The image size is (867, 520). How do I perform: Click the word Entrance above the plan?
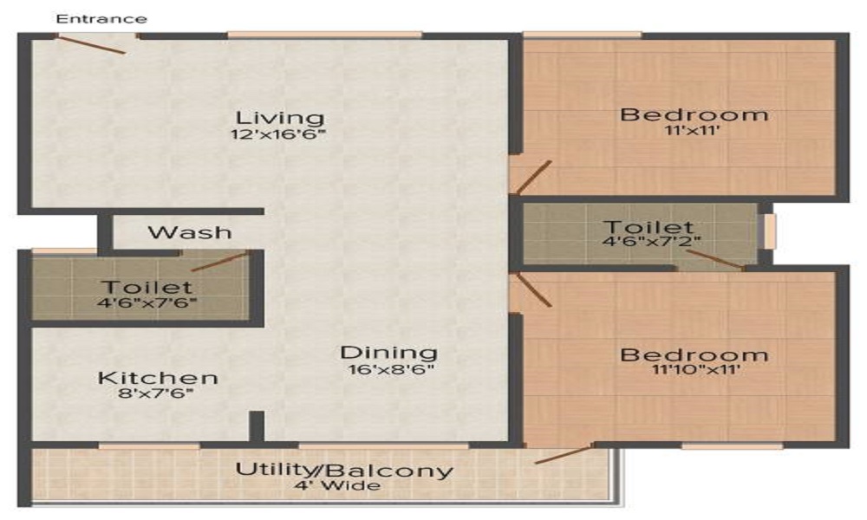(x=101, y=18)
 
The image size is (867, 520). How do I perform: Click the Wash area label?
(x=190, y=232)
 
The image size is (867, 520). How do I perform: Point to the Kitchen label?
(x=158, y=379)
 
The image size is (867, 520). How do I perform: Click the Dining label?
(x=388, y=353)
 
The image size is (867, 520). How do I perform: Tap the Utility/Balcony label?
(x=345, y=471)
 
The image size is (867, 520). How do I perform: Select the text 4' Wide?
(x=345, y=486)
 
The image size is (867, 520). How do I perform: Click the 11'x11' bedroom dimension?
(x=694, y=133)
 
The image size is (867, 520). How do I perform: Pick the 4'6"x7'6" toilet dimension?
(x=146, y=303)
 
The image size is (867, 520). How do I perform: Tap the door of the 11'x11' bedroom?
(x=532, y=177)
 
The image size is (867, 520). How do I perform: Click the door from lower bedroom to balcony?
(x=564, y=454)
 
